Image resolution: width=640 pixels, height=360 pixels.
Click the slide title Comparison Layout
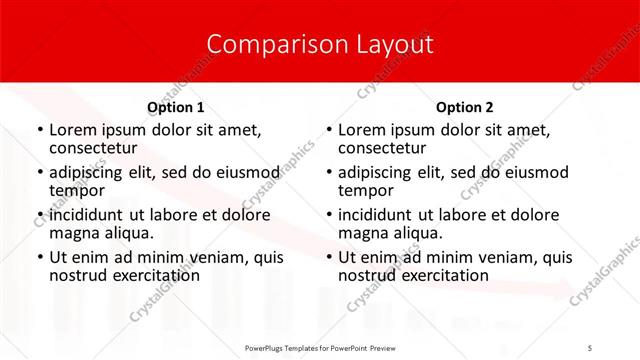(320, 44)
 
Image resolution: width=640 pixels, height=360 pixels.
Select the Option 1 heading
(175, 107)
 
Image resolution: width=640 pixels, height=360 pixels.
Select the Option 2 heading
(465, 107)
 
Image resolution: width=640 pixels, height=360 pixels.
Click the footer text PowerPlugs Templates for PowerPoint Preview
(320, 348)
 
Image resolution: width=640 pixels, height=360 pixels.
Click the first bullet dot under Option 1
(39, 131)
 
